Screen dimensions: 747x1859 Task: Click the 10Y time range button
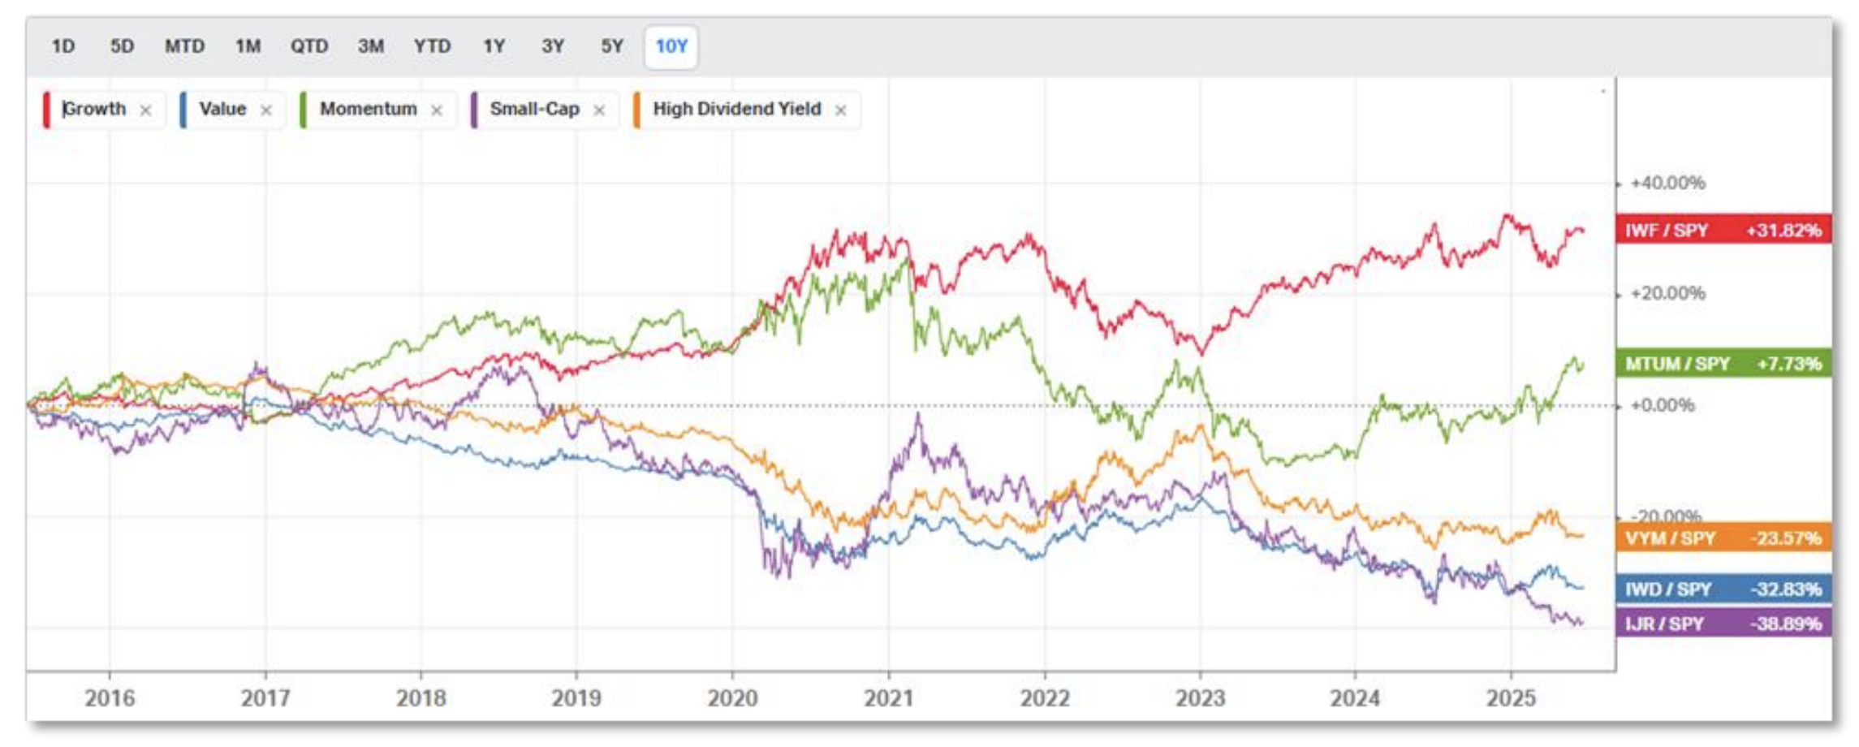(671, 46)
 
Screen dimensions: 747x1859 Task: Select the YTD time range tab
(432, 46)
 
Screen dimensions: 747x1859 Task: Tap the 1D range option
(63, 46)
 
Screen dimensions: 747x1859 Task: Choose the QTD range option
(309, 46)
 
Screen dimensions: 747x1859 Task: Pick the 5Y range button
(611, 46)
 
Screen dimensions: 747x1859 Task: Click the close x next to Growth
(145, 110)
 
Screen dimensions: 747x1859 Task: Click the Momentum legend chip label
(368, 109)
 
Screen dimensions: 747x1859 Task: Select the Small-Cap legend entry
(534, 109)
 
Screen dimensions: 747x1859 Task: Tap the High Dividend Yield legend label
(736, 109)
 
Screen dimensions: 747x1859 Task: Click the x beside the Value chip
(265, 110)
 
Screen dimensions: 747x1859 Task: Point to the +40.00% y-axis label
(1667, 184)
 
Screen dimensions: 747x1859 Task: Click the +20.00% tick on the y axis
(1667, 294)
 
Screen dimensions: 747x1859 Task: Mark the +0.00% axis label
(1663, 405)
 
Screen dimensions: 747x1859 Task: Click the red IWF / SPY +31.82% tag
(1723, 231)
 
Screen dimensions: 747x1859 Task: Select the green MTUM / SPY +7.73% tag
(1723, 364)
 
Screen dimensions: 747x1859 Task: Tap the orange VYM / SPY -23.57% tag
(1723, 538)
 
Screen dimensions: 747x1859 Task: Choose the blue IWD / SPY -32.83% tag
(1723, 589)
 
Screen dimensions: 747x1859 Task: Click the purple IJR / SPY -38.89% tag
(1723, 624)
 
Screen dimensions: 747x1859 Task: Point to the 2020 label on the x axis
(732, 698)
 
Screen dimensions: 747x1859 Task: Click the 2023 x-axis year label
(1200, 698)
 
